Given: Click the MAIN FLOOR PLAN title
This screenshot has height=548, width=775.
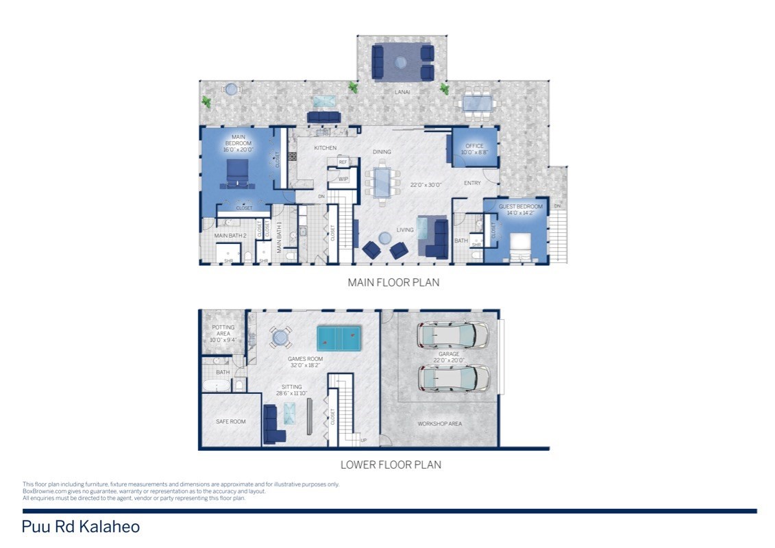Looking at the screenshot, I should [x=393, y=282].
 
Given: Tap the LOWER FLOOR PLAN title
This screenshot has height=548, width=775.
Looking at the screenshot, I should [x=391, y=464].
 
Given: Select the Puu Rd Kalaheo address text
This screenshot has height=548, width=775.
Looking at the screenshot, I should [x=81, y=527].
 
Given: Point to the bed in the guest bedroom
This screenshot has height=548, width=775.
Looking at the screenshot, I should [x=519, y=247].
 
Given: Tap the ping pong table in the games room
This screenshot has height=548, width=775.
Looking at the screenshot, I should [x=339, y=336].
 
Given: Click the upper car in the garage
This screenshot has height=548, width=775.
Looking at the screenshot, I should [x=453, y=335].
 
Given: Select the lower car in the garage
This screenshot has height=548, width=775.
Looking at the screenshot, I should [x=453, y=377].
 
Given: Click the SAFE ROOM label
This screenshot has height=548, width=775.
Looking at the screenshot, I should [x=231, y=421].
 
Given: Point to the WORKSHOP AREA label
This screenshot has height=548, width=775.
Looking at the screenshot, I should [x=439, y=423].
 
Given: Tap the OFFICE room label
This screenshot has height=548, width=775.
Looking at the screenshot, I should [x=474, y=146].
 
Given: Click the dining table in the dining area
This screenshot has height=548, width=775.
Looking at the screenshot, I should [x=384, y=182].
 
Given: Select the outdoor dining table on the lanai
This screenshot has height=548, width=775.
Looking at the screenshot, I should [x=477, y=103].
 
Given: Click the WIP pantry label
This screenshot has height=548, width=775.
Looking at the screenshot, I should [x=343, y=179].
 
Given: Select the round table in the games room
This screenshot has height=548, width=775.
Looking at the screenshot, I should [x=279, y=336].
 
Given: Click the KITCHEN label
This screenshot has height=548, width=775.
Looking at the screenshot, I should [x=325, y=148].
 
